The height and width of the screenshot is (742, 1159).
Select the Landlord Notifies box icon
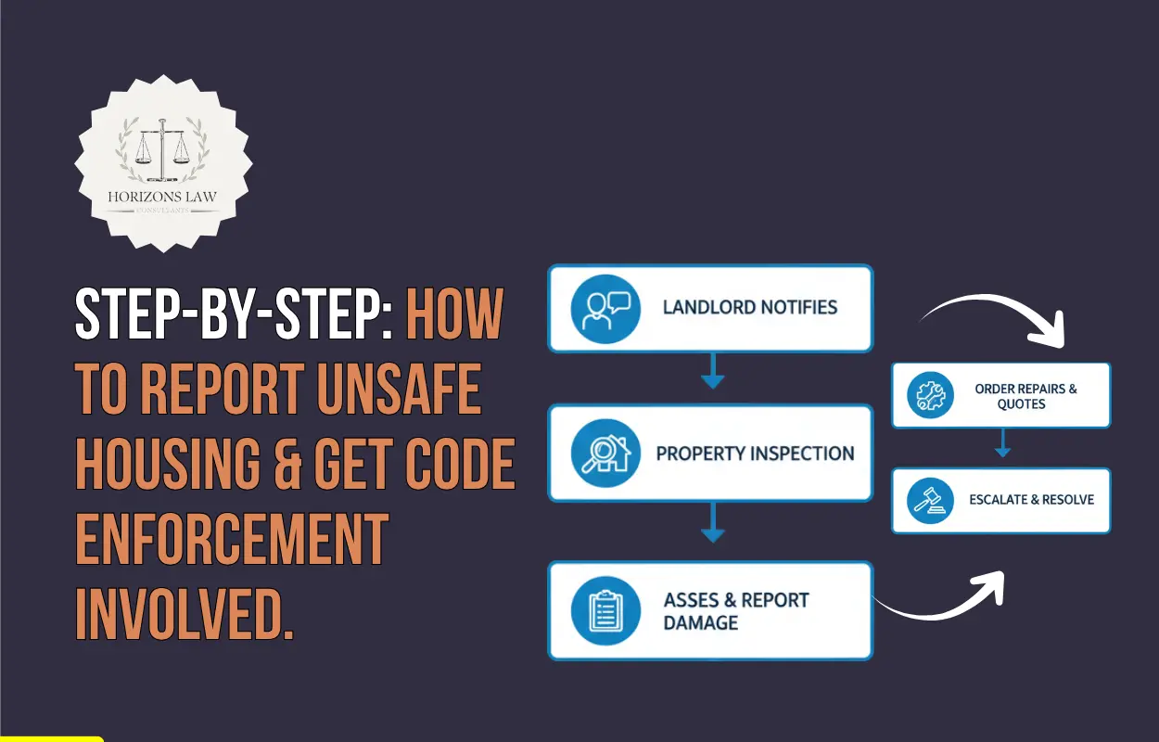(605, 309)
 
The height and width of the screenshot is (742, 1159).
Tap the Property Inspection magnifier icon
(605, 454)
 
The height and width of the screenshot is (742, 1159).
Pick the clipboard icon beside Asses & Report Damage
(605, 610)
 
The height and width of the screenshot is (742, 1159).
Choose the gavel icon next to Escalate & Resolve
(929, 500)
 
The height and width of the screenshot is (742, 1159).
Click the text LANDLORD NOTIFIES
(750, 307)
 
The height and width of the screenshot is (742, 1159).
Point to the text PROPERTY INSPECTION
(755, 454)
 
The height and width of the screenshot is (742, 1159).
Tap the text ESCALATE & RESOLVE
(1031, 499)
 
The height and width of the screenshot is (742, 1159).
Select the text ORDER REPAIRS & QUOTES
(1025, 396)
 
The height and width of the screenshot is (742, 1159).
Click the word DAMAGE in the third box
(701, 622)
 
